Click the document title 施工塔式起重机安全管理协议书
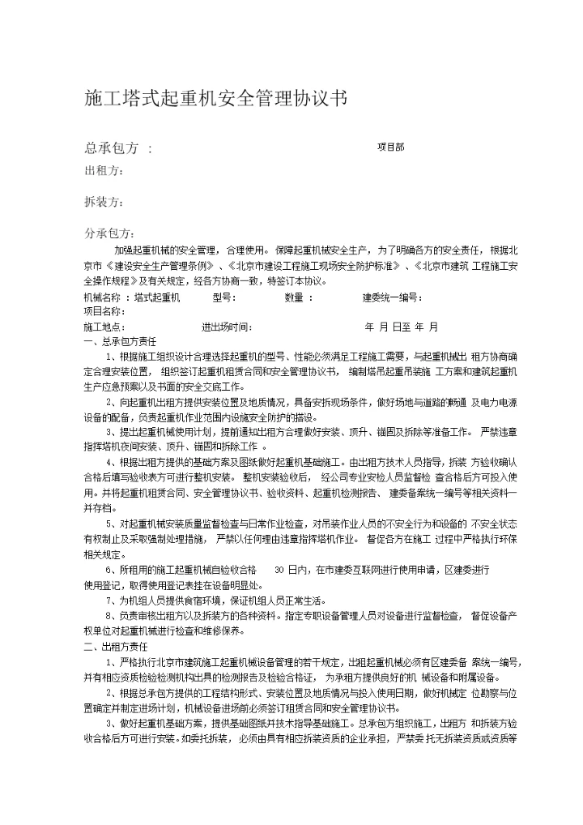coord(216,100)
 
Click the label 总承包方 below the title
coord(113,147)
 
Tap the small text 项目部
coord(391,147)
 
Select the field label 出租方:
coord(104,171)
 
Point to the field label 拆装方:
coord(104,201)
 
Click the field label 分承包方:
coord(109,233)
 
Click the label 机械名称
coord(101,297)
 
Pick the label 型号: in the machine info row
coord(223,297)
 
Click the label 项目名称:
coord(104,310)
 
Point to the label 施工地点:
coord(104,327)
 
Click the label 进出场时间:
coord(227,327)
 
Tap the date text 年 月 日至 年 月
coord(402,327)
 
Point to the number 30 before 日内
coord(280,570)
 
